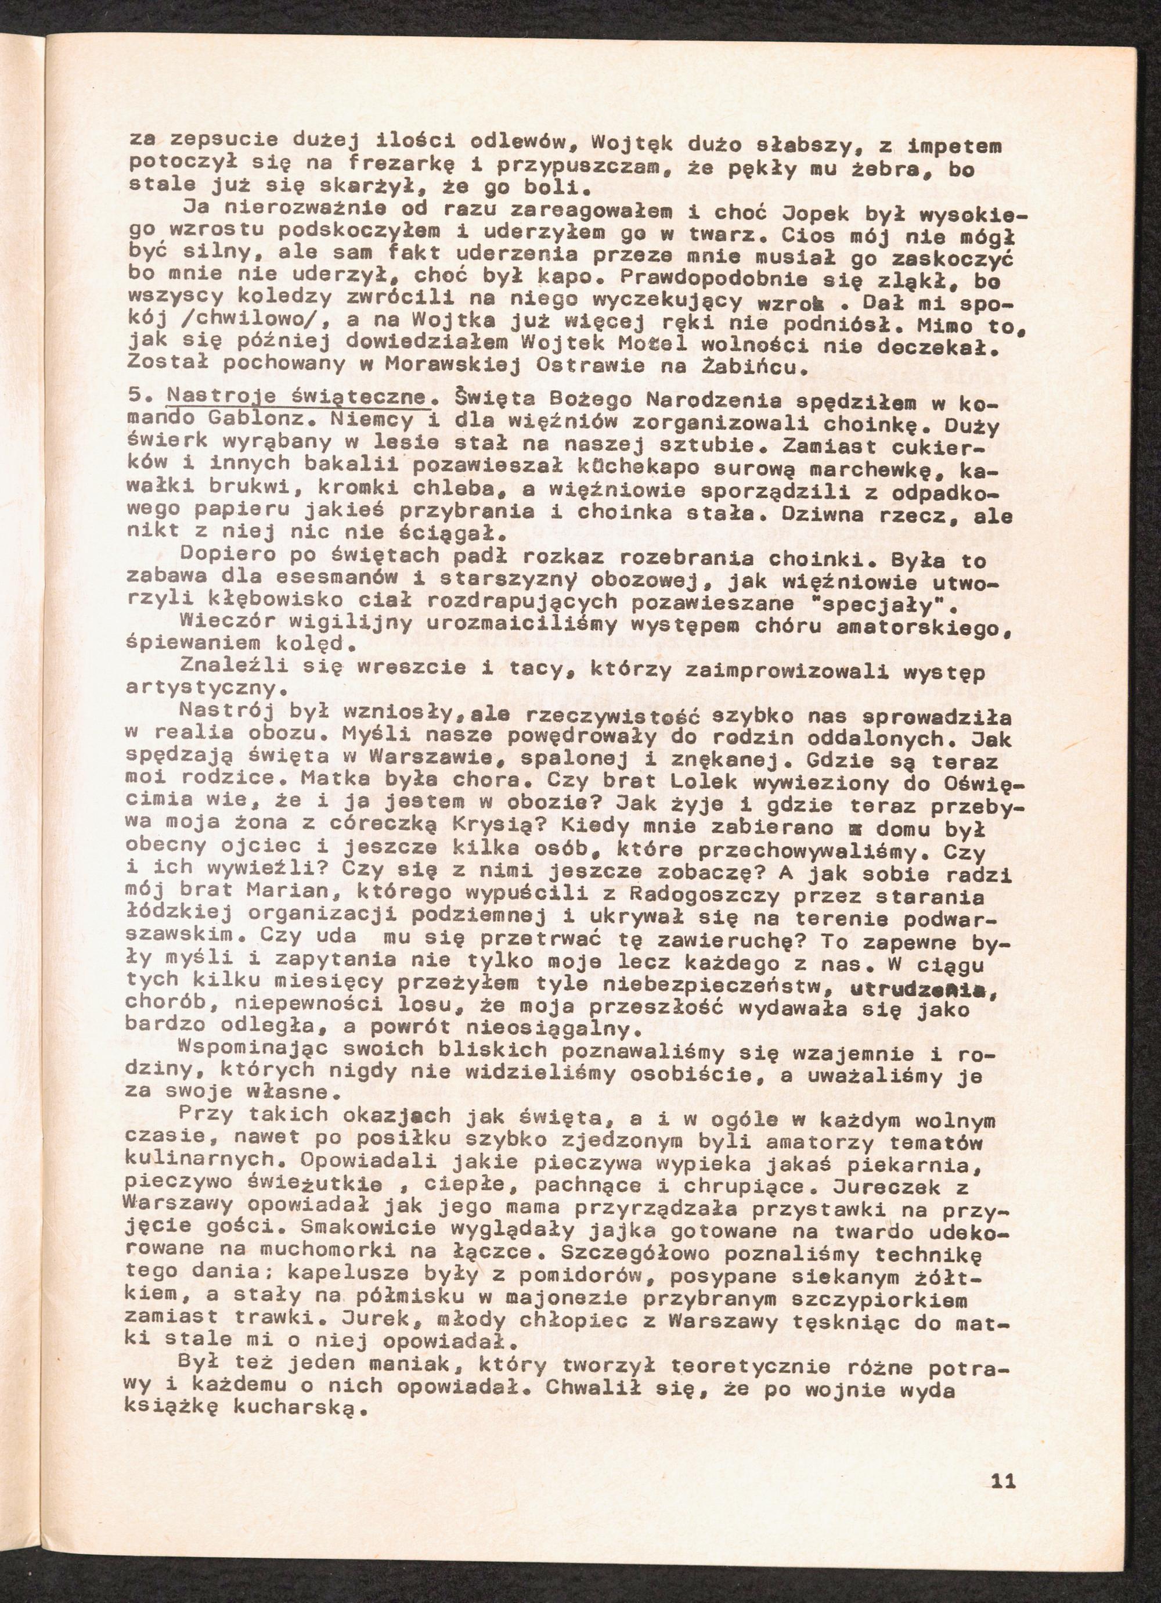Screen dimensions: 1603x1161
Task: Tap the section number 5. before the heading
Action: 139,397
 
